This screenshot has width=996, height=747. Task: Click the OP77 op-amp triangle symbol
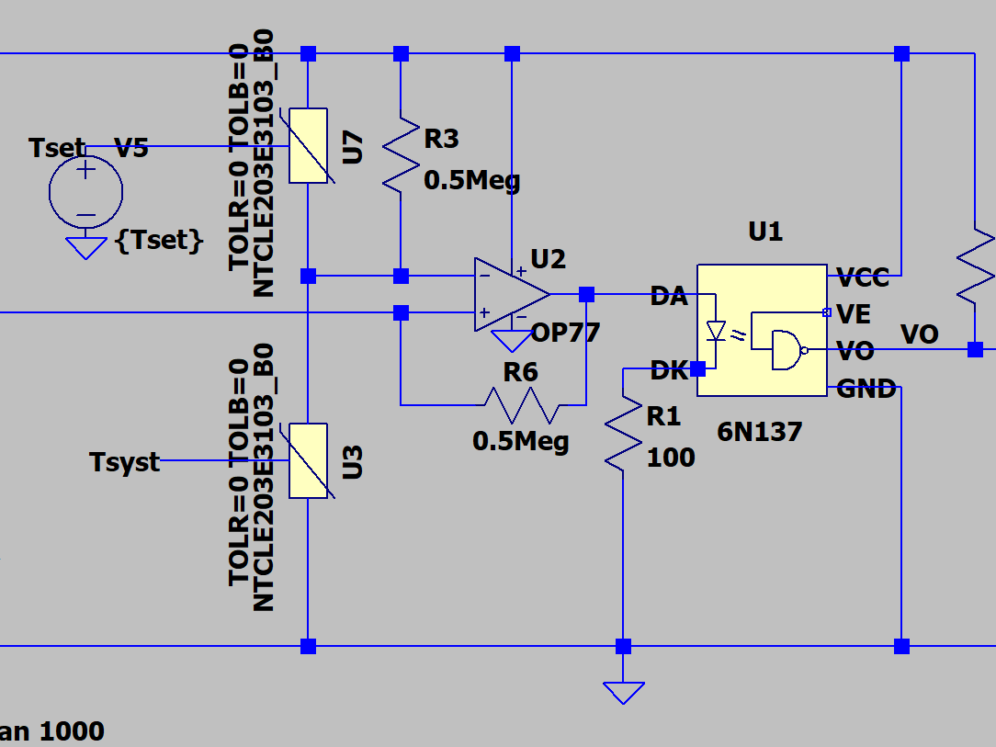coord(507,295)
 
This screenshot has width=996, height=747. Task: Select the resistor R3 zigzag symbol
coord(401,153)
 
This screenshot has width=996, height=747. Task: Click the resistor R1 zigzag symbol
coord(623,433)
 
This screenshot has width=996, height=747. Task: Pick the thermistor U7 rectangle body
coord(308,145)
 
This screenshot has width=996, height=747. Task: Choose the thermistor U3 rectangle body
coord(308,460)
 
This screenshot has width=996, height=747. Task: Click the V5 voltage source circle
coord(85,190)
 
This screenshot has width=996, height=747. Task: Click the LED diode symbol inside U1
coord(714,331)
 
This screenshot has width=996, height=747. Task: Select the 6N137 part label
coord(759,430)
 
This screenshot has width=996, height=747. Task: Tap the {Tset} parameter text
coord(158,241)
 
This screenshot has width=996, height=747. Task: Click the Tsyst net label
coord(125,461)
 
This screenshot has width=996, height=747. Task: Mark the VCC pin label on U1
coord(864,277)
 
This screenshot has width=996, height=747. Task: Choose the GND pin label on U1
coord(866,390)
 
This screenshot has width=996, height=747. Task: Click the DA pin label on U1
coord(668,296)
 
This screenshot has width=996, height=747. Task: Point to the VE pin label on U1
coord(855,314)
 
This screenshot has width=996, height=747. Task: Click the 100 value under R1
coord(671,457)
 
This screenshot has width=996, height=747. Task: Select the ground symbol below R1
coord(623,691)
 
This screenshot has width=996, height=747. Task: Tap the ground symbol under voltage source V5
coord(85,247)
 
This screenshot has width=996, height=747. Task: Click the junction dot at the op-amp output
coord(586,294)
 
